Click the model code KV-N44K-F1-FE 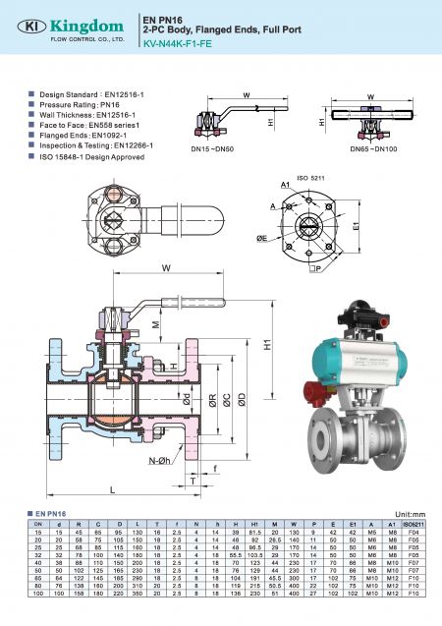pyautogui.click(x=181, y=43)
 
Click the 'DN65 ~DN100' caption pyautogui.click(x=372, y=148)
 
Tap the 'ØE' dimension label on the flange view pyautogui.click(x=262, y=239)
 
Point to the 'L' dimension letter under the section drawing pyautogui.click(x=113, y=488)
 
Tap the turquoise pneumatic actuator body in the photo pyautogui.click(x=363, y=357)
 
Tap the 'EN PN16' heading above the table pyautogui.click(x=49, y=514)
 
